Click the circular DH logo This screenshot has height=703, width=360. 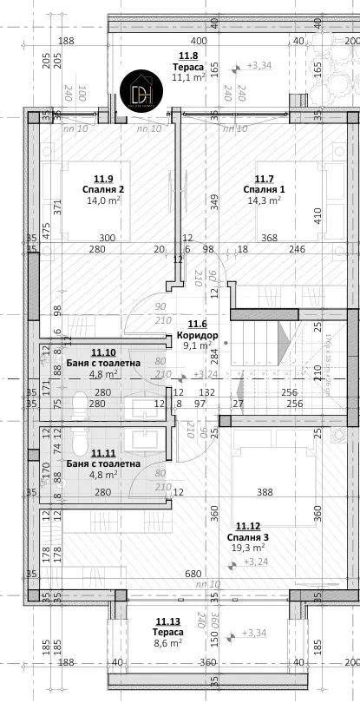142,93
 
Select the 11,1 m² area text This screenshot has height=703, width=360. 187,76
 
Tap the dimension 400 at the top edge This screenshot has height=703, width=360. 198,41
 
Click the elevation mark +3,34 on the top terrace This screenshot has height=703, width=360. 259,65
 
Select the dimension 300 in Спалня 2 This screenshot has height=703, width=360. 106,238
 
